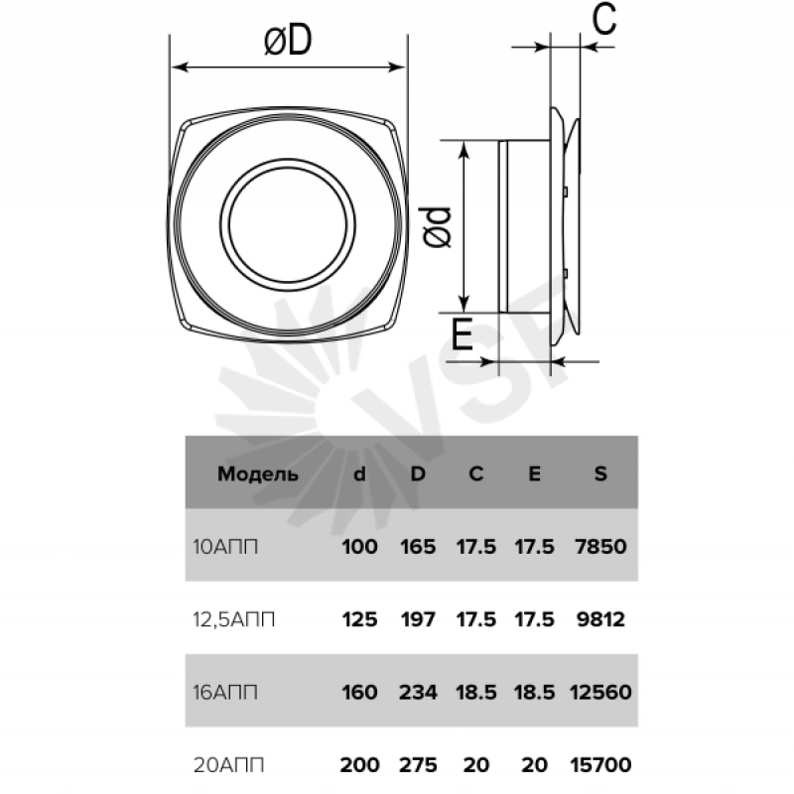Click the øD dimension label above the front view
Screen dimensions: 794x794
pos(288,41)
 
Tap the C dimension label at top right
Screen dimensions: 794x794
pos(604,19)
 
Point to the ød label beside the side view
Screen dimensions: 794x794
pos(437,227)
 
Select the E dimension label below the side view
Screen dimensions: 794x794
pos(462,334)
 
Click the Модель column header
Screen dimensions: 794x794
pos(258,474)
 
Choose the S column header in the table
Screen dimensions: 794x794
pos(600,473)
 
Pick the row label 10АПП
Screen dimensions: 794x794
pos(225,547)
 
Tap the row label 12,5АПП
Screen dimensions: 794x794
pos(234,619)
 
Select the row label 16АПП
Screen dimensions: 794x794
pos(225,692)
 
